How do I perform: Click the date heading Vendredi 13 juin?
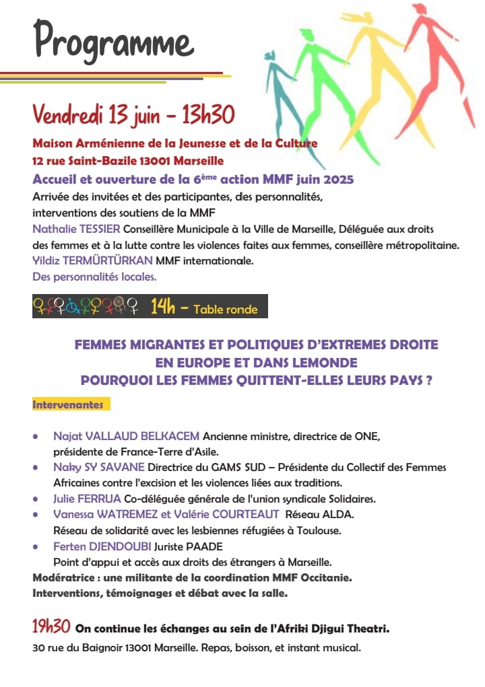[95, 115]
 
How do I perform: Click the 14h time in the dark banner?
[163, 307]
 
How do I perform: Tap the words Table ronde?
[225, 310]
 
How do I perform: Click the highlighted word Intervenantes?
[68, 405]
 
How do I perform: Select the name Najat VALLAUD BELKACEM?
[127, 437]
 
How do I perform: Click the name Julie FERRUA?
[87, 499]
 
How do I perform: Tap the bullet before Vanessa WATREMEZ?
[35, 514]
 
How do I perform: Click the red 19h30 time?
[51, 627]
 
